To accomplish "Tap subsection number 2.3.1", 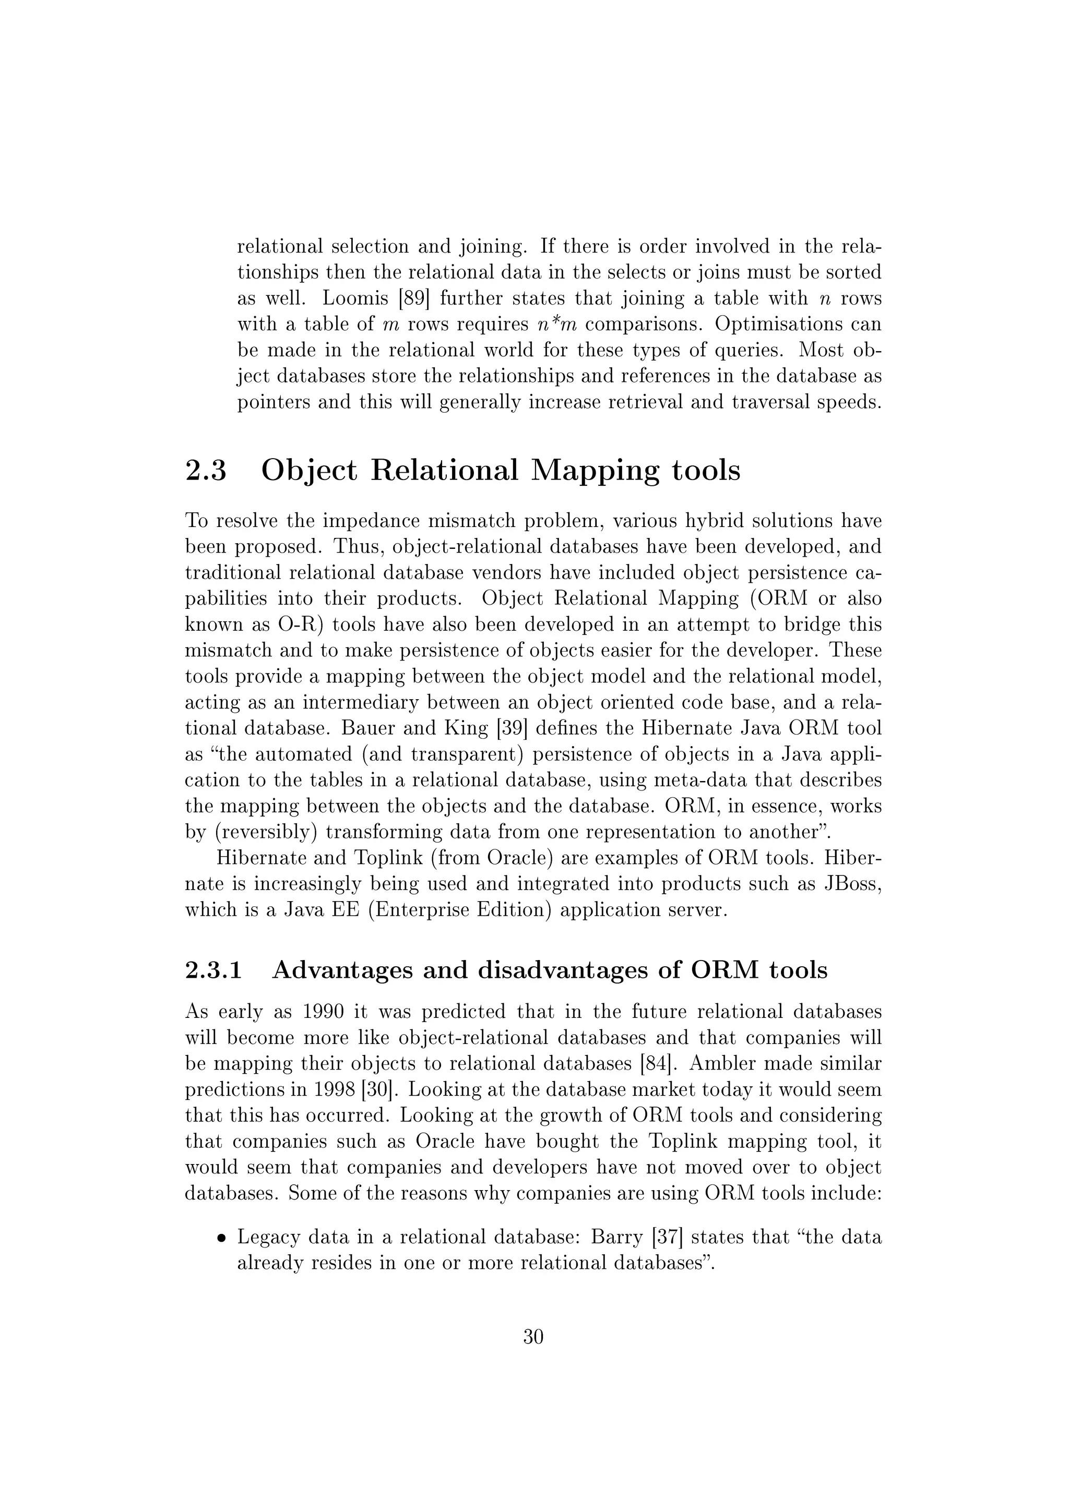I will coord(214,970).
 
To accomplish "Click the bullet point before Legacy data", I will coord(222,1239).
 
